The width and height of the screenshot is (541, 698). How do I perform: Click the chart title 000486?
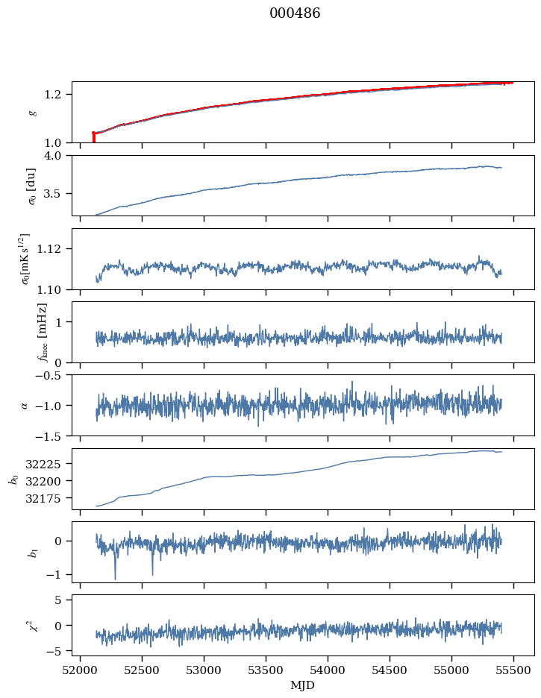coord(295,13)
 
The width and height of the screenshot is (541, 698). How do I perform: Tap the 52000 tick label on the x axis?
coord(81,670)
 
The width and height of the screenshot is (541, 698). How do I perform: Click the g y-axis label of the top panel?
coord(32,113)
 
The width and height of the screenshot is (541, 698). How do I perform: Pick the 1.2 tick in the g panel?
coord(58,94)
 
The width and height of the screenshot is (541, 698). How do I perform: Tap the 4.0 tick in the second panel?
coord(58,155)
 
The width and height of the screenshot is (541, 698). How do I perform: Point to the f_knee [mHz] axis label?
coord(42,332)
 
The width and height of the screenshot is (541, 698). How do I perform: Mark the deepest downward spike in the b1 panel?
coord(115,578)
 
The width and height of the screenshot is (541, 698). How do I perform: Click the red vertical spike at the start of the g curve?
coord(93,137)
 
